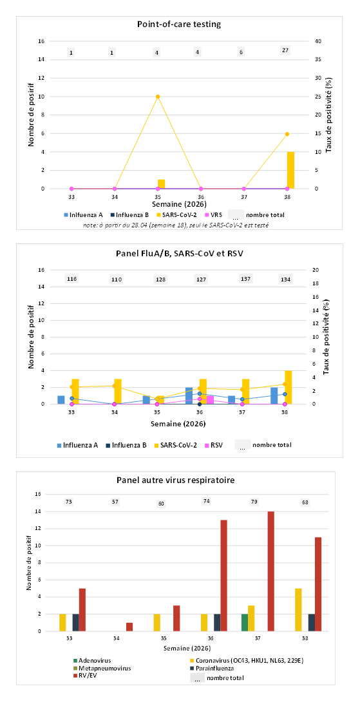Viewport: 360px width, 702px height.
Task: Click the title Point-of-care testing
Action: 179,24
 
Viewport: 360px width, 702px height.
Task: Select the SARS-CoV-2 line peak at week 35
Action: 158,96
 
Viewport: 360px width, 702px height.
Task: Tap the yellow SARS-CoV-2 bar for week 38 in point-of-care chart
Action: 291,170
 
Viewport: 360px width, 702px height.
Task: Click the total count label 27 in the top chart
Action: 285,50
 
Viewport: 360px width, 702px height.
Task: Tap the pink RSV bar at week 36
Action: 210,400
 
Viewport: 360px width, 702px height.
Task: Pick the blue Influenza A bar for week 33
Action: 61,400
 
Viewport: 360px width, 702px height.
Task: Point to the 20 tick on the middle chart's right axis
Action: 315,270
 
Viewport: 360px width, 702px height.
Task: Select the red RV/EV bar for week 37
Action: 270,571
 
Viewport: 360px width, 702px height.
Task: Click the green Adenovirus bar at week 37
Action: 245,623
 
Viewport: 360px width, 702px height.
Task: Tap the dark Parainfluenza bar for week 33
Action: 76,623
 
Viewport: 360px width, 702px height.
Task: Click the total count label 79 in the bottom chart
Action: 251,502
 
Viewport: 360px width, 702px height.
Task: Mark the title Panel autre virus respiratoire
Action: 179,480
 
